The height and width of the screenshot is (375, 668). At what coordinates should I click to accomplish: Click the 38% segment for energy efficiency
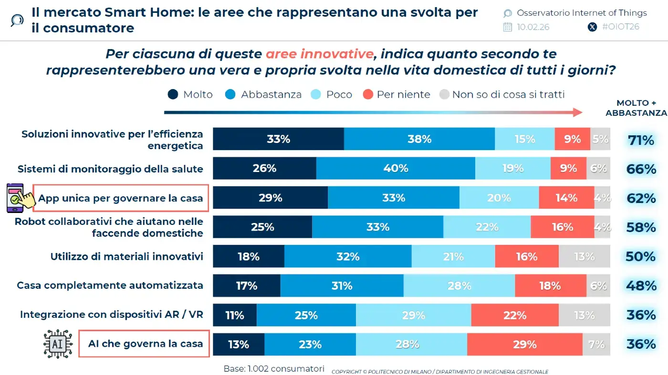point(419,139)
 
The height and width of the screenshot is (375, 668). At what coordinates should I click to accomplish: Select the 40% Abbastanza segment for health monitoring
point(396,168)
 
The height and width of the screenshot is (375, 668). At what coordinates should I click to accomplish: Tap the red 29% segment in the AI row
point(524,344)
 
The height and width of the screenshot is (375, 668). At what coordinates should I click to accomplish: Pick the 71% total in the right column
point(641,140)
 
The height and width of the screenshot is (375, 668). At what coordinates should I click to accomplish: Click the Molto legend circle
point(173,94)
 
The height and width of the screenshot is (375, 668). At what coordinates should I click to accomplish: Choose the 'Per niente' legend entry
point(397,94)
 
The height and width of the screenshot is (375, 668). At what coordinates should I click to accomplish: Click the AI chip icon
point(57,344)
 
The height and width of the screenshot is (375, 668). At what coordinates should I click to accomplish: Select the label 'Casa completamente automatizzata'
point(110,285)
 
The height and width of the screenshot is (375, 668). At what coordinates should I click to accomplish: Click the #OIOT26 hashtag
point(620,27)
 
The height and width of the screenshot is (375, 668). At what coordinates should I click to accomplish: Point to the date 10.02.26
point(532,27)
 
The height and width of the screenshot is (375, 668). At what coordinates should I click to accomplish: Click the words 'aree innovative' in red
point(319,54)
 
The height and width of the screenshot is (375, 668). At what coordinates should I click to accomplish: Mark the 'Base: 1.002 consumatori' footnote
point(274,369)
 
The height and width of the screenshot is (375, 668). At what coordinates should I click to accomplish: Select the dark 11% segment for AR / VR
point(235,315)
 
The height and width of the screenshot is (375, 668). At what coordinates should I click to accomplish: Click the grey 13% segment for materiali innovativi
point(584,256)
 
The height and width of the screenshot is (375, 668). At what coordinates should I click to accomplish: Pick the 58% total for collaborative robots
point(641,227)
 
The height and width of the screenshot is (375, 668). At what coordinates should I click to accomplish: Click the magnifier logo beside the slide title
point(17,20)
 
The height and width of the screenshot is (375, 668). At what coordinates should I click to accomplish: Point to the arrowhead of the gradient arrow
point(578,112)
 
